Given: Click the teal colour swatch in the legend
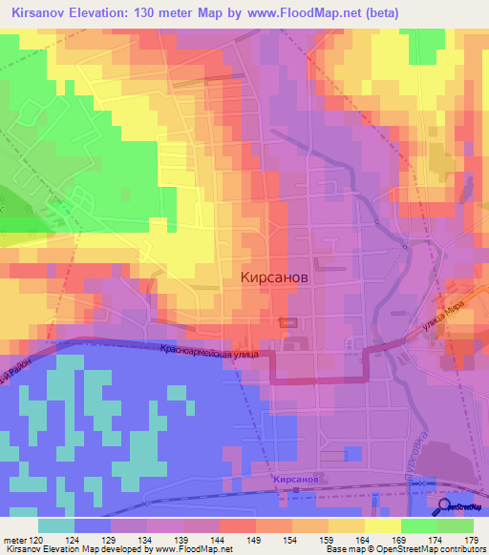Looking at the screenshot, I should pos(56,525).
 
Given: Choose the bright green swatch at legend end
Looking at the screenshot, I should pos(456,525).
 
